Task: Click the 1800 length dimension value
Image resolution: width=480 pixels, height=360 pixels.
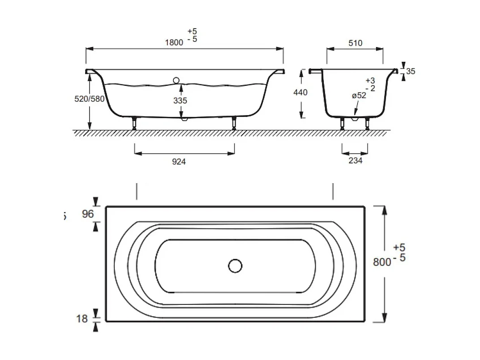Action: (174, 43)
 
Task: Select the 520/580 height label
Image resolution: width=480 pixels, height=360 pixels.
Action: (89, 99)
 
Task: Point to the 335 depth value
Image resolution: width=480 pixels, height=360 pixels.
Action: (180, 101)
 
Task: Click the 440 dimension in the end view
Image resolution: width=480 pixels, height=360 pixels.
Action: (300, 92)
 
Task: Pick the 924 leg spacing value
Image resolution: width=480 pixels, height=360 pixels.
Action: (179, 162)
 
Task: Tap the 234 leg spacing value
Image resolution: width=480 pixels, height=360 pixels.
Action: (355, 161)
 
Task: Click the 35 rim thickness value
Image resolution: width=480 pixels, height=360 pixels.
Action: (411, 71)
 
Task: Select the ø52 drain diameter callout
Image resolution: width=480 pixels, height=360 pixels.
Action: (358, 95)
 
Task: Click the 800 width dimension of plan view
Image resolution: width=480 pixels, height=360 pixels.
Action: (381, 262)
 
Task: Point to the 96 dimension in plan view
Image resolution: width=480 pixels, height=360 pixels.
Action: (88, 214)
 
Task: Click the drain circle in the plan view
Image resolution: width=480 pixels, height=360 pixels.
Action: (235, 266)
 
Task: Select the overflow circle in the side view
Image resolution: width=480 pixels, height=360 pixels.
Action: (176, 81)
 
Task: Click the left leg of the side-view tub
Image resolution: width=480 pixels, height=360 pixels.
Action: (135, 123)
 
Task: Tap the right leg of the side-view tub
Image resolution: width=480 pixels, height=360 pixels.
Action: (234, 123)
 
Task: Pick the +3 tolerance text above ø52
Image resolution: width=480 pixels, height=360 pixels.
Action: (370, 81)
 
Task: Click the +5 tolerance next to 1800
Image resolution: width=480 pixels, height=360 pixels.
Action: (192, 31)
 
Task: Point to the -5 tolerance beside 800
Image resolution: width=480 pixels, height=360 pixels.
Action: (399, 258)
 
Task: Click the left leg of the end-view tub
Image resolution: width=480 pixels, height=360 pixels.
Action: (343, 123)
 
